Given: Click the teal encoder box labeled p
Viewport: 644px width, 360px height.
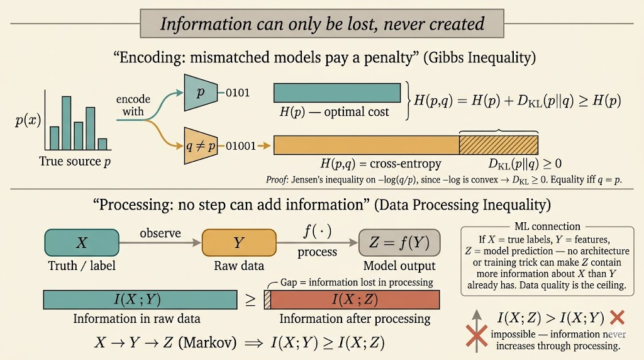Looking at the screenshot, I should point(200,93).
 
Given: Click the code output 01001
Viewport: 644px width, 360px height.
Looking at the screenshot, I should point(240,146).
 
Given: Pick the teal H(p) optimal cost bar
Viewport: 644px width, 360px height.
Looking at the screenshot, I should point(337,93).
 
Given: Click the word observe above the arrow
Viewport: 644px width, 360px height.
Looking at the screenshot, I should point(160,233).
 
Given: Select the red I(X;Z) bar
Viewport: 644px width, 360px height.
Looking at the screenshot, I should point(355,299).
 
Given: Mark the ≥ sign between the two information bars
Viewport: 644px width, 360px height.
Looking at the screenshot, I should point(250,300).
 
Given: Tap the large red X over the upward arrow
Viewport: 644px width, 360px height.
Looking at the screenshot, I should point(477,338).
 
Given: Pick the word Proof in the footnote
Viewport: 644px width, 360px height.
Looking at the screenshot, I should point(277,181).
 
